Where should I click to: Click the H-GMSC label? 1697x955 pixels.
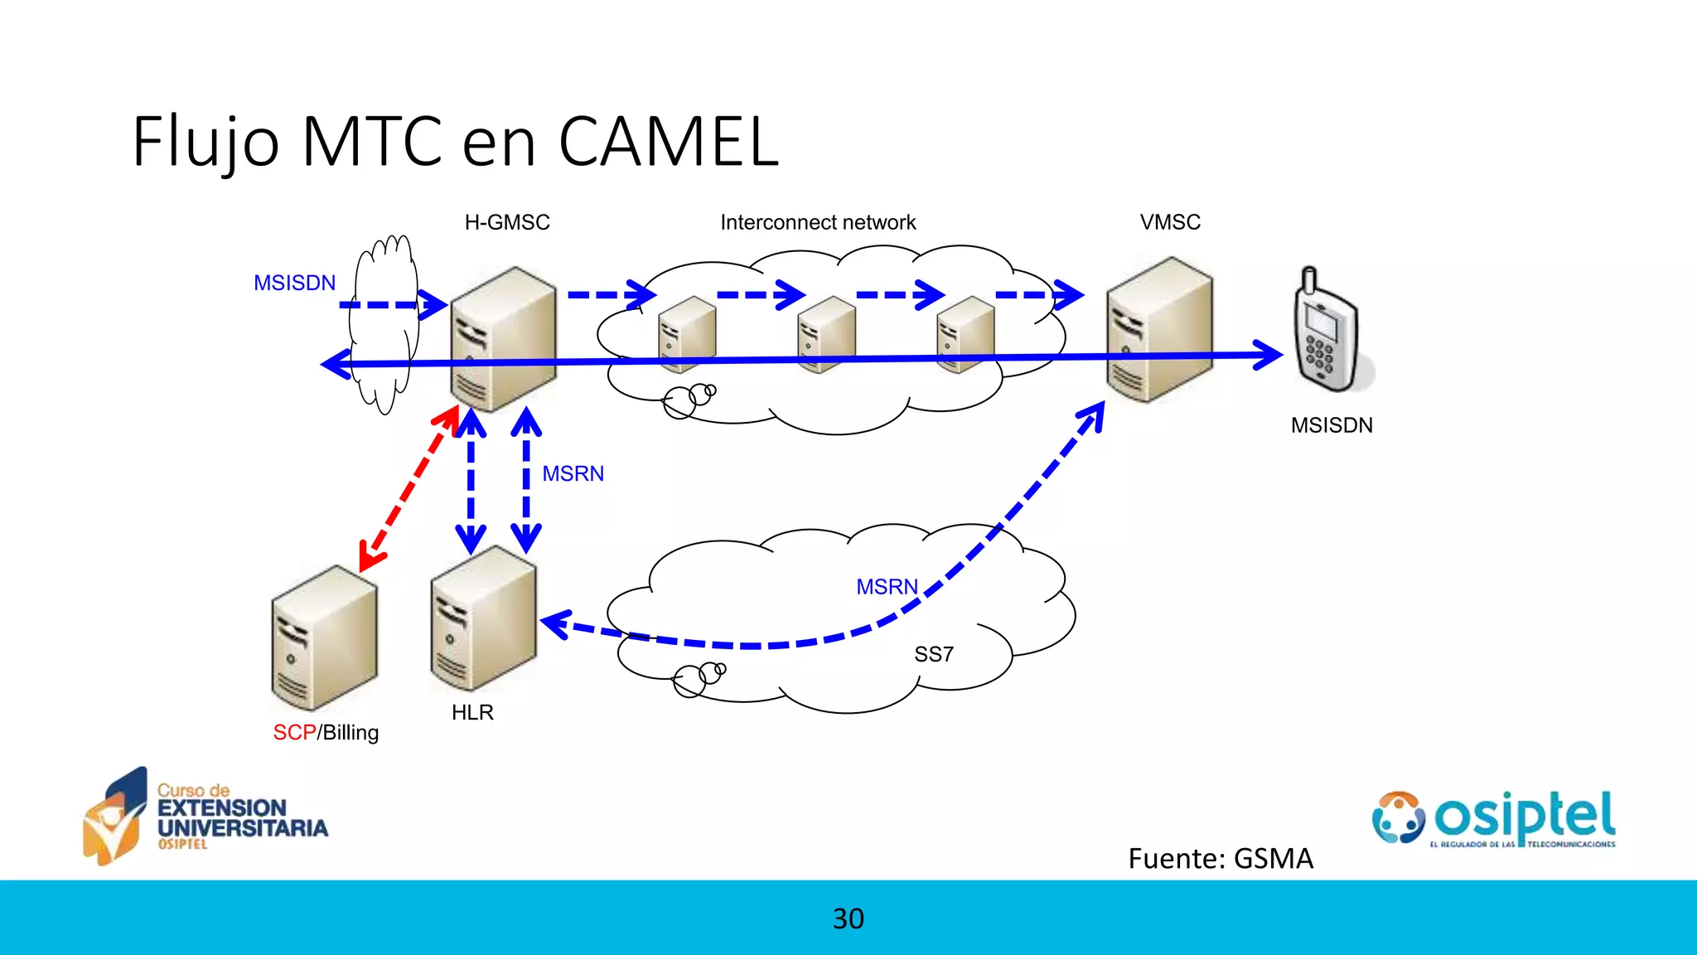click(507, 222)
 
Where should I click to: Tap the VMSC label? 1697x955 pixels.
click(1170, 222)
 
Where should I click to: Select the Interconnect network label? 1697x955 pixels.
click(818, 222)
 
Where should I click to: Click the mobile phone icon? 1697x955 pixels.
click(1327, 332)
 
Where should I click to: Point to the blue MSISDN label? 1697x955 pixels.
click(294, 283)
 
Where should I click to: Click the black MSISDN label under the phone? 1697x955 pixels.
click(1332, 425)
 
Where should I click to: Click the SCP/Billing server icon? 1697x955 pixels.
click(324, 637)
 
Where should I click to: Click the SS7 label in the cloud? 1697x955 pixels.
click(934, 654)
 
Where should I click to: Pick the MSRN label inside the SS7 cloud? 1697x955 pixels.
click(887, 587)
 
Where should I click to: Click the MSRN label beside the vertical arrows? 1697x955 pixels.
click(573, 473)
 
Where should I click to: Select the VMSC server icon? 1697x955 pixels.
click(1159, 330)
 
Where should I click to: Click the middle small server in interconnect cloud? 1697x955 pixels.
click(825, 334)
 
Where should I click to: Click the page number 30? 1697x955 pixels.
click(848, 919)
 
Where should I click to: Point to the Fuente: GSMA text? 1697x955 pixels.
click(1220, 858)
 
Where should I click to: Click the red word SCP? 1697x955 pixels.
click(294, 733)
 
